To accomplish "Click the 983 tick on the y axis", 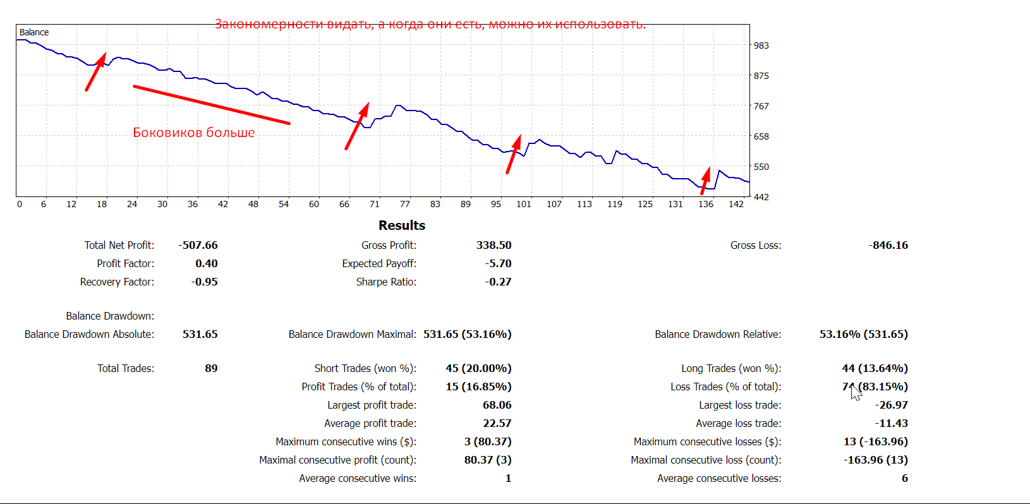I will pos(761,45).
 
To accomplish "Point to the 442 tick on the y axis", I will pos(761,197).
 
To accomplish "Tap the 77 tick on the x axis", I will pos(405,204).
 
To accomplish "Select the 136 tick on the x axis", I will pos(706,204).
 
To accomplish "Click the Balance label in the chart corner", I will pos(34,32).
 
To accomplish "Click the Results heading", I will pos(402,225).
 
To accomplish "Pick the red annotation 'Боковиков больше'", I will pos(194,133).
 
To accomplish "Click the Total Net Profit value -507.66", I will pos(198,245).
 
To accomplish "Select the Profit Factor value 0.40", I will pos(206,263).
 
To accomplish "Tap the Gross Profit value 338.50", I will pos(494,245).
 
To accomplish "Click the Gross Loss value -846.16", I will pos(888,245).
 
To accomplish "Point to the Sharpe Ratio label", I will pos(386,282).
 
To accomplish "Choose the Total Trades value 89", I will pos(211,368).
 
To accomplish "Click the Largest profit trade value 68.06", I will pos(497,405).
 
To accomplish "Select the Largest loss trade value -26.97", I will pos(891,405).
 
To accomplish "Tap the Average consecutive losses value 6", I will pos(904,478).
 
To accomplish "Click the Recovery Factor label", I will pos(117,282).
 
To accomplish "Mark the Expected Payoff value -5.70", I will pos(498,263).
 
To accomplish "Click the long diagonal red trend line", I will pos(212,105).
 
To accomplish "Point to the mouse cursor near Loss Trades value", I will pos(856,392).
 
